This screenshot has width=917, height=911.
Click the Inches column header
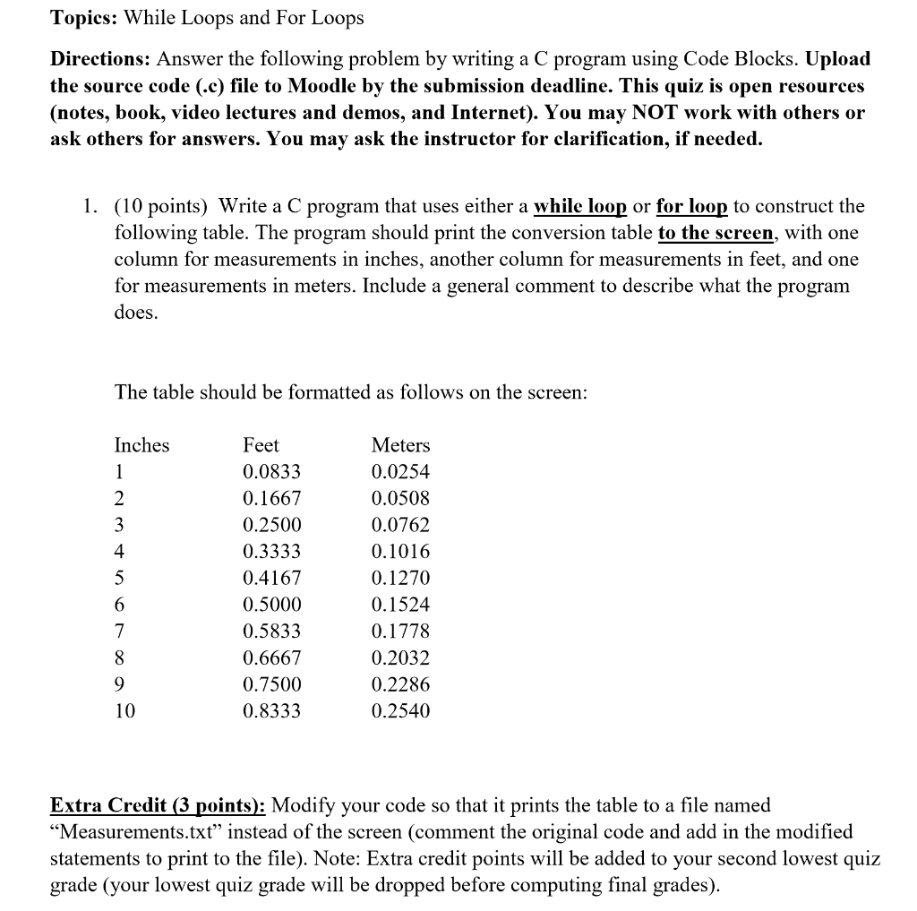pyautogui.click(x=141, y=445)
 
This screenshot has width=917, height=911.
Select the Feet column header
pyautogui.click(x=261, y=445)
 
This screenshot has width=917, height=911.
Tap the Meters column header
pyautogui.click(x=400, y=445)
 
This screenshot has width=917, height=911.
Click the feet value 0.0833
pyautogui.click(x=272, y=472)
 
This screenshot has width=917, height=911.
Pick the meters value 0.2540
pyautogui.click(x=400, y=711)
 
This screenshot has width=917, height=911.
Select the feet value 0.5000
pyautogui.click(x=272, y=605)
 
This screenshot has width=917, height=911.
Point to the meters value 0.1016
pyautogui.click(x=400, y=552)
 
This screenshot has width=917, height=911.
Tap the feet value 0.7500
pyautogui.click(x=272, y=684)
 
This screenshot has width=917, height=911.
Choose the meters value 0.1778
pyautogui.click(x=400, y=632)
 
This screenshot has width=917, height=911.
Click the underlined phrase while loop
pyautogui.click(x=579, y=206)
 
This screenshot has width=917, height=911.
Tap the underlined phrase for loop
pyautogui.click(x=691, y=206)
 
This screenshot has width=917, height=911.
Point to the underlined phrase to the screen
pyautogui.click(x=716, y=233)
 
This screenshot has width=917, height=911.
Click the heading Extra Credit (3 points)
pyautogui.click(x=157, y=804)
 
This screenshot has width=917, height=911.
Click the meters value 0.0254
pyautogui.click(x=400, y=472)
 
